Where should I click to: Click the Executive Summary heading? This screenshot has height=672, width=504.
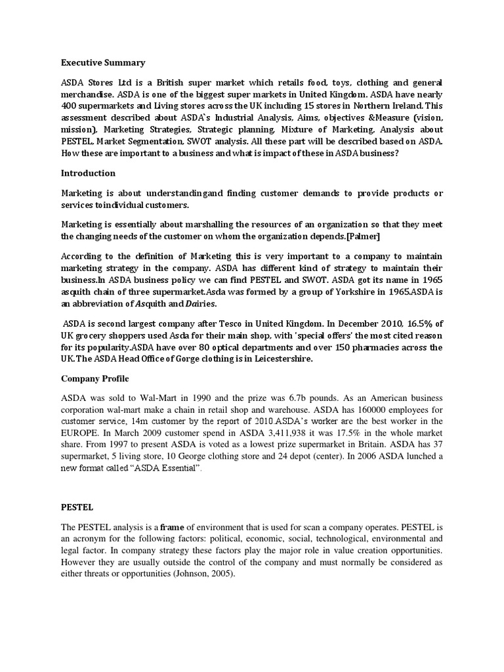(103, 63)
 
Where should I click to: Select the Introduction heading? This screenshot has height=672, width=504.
(88, 173)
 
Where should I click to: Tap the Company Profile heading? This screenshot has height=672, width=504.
(95, 379)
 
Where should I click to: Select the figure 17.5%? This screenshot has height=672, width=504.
(341, 433)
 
